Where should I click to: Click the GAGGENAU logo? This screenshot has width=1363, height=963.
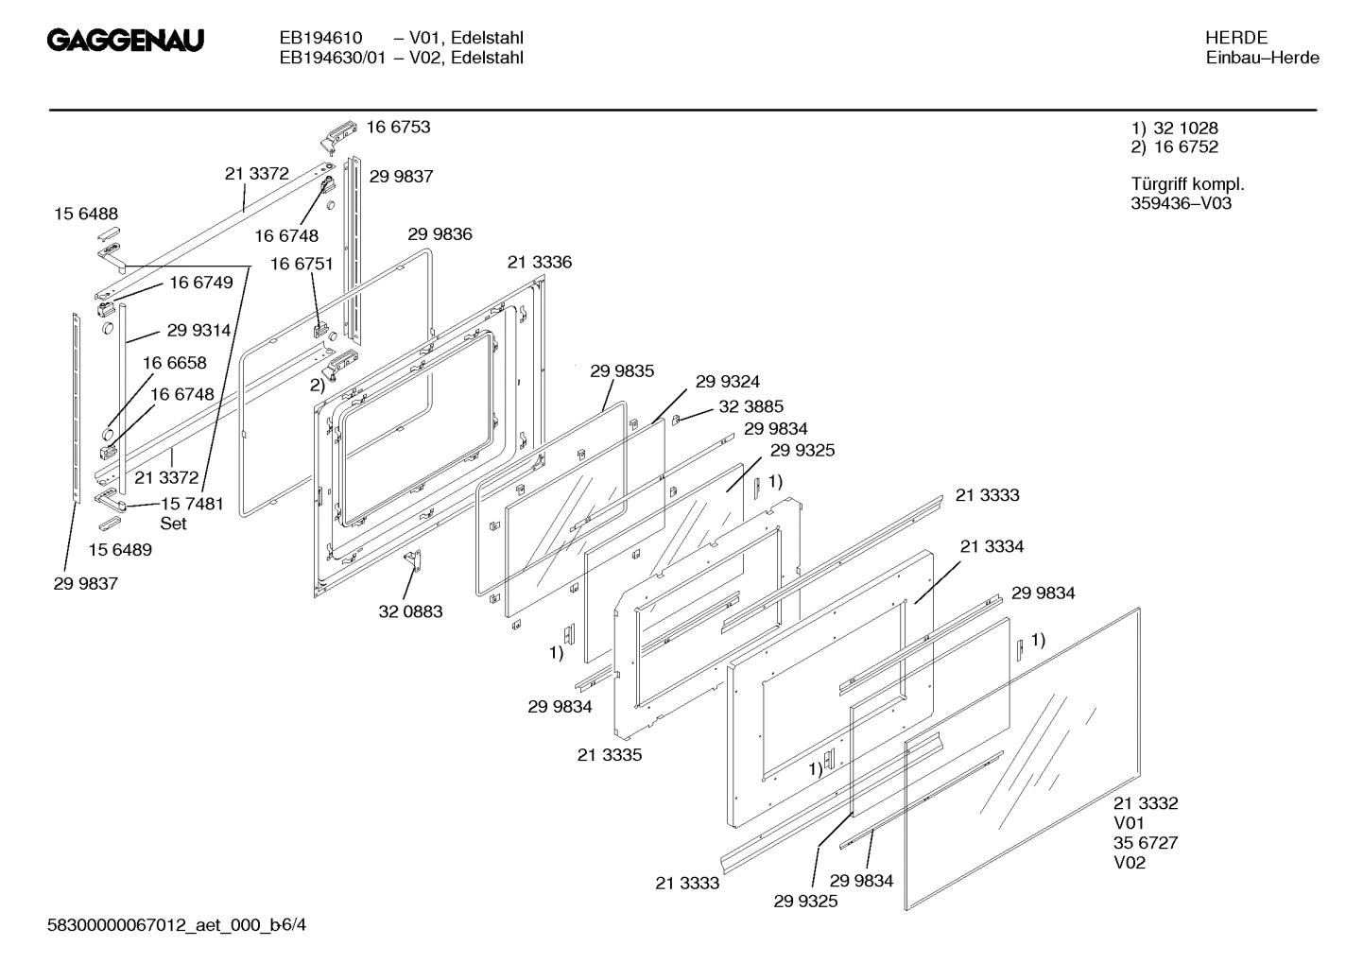point(126,42)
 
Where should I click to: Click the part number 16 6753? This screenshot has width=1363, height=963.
point(398,128)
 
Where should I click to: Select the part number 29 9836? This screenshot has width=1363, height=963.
point(440,234)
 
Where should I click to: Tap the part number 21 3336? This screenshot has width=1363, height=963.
point(539,262)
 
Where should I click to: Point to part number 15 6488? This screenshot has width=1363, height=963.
point(86,215)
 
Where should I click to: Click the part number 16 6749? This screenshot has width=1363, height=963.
point(200,283)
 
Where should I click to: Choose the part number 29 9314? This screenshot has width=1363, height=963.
point(198,331)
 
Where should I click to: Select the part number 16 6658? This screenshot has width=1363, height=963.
point(174,363)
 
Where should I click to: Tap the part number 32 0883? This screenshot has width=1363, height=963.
point(410,611)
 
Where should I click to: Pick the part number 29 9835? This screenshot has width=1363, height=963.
point(622,371)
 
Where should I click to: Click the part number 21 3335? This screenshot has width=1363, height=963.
point(610,755)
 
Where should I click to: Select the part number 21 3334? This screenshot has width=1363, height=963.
point(992,546)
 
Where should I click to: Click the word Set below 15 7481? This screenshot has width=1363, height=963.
point(173,524)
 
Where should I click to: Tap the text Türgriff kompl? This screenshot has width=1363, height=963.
point(1187,184)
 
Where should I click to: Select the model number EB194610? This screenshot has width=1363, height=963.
point(320,38)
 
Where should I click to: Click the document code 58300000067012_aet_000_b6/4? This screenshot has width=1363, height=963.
point(177,924)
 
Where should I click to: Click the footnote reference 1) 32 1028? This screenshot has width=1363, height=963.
point(1174,128)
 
